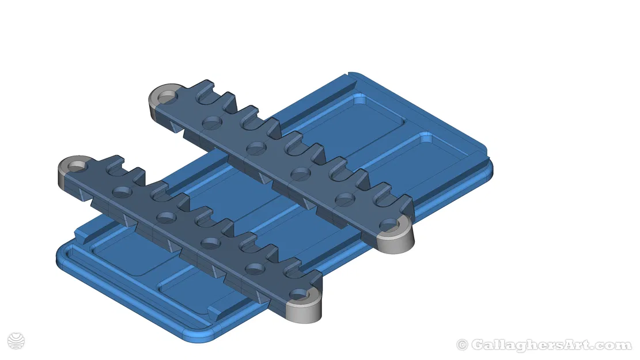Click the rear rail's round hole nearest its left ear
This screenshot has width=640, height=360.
point(212,122)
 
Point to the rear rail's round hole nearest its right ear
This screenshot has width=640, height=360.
point(344,199)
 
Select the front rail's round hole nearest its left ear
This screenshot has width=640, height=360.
point(121,191)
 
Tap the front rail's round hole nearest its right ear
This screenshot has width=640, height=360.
point(253,268)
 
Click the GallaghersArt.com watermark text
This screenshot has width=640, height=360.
point(551,345)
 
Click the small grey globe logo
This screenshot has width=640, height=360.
point(17,340)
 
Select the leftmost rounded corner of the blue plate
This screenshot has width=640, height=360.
point(62,253)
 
